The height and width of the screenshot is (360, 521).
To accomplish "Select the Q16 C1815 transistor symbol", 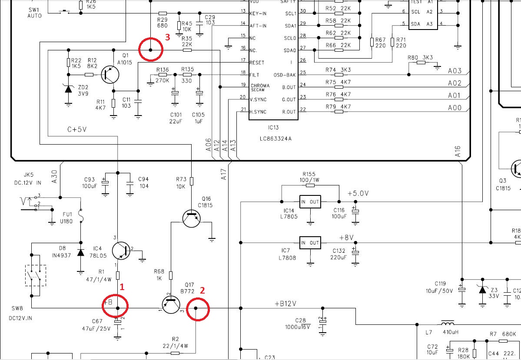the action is click(192, 218).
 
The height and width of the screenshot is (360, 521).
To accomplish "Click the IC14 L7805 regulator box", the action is click(310, 201).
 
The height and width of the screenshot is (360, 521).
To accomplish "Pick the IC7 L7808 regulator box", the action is click(310, 243).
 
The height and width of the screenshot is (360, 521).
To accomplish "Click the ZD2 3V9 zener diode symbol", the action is click(69, 89).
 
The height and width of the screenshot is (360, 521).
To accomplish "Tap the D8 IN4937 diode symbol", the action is click(80, 252).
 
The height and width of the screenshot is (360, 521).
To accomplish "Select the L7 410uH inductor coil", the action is click(448, 324).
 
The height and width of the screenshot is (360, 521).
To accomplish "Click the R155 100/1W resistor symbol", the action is click(310, 185).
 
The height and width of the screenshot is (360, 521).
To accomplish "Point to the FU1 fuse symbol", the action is click(80, 216).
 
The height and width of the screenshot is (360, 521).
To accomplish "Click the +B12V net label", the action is click(285, 304).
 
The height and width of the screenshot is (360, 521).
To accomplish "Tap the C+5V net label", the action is click(77, 129).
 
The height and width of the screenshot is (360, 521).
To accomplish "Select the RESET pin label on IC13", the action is click(257, 63).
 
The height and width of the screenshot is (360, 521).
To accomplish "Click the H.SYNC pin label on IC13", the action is click(258, 112).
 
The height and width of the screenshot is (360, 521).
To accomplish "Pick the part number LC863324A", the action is click(275, 139).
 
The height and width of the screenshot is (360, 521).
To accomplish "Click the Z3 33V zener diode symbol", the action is click(482, 290).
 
